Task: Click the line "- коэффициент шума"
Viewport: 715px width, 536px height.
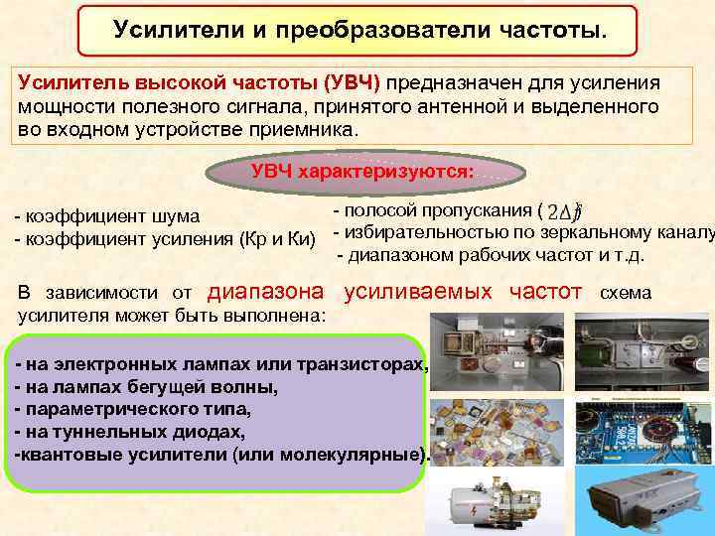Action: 106,216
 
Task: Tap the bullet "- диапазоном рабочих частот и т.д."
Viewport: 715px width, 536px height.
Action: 492,256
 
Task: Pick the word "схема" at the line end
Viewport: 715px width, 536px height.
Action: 625,294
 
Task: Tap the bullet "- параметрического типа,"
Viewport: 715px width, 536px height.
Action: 133,409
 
